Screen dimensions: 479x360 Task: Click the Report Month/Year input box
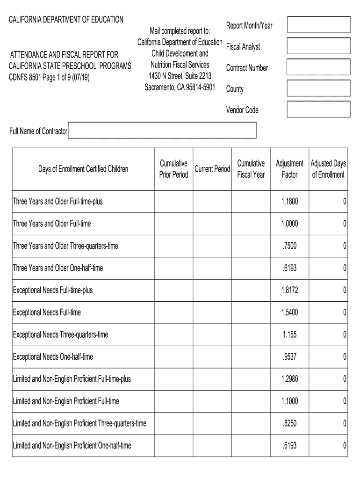(x=318, y=25)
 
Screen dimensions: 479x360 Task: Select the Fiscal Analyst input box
(x=318, y=46)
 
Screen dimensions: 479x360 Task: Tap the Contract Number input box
(x=318, y=67)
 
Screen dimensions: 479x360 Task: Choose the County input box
(x=318, y=88)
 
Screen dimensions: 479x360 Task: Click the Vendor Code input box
(x=318, y=109)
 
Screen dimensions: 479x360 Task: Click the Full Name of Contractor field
(x=162, y=131)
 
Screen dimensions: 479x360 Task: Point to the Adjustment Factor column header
(x=289, y=169)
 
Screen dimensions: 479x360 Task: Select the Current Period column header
(x=212, y=169)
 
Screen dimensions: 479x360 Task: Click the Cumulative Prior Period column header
(x=173, y=169)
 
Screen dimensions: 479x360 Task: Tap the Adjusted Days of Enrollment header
(x=328, y=169)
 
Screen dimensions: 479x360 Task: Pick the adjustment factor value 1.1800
(x=289, y=202)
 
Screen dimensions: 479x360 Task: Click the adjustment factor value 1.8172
(x=289, y=290)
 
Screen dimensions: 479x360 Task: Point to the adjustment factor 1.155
(x=289, y=334)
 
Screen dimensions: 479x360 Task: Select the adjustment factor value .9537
(x=289, y=357)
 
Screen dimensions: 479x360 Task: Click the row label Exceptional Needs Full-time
(x=47, y=312)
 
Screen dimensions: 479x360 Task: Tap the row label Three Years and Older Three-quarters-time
(x=65, y=246)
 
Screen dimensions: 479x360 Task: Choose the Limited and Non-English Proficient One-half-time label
(x=72, y=446)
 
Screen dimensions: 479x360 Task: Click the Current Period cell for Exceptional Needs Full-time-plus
(x=212, y=290)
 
